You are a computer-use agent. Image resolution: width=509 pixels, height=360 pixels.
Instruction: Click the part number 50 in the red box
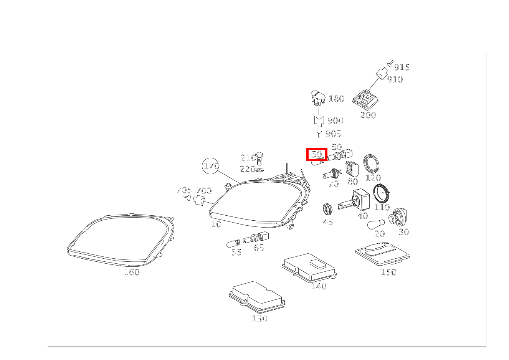tap(316, 154)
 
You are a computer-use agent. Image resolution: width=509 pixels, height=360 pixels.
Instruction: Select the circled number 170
tap(211, 166)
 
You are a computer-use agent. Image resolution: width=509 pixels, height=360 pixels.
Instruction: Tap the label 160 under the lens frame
tap(132, 272)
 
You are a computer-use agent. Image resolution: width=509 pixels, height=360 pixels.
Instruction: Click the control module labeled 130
tap(257, 297)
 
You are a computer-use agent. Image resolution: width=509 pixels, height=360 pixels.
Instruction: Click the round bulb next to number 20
tap(374, 225)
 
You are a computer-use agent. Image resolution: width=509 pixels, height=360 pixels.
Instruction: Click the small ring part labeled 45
tap(327, 209)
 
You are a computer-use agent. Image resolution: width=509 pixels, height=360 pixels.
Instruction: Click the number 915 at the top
tap(402, 68)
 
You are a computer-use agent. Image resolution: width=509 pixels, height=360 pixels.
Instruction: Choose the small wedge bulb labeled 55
tap(233, 243)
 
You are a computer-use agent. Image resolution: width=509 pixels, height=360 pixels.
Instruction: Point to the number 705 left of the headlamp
tap(184, 190)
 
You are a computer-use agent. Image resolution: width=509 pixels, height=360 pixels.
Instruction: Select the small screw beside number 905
tap(319, 134)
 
